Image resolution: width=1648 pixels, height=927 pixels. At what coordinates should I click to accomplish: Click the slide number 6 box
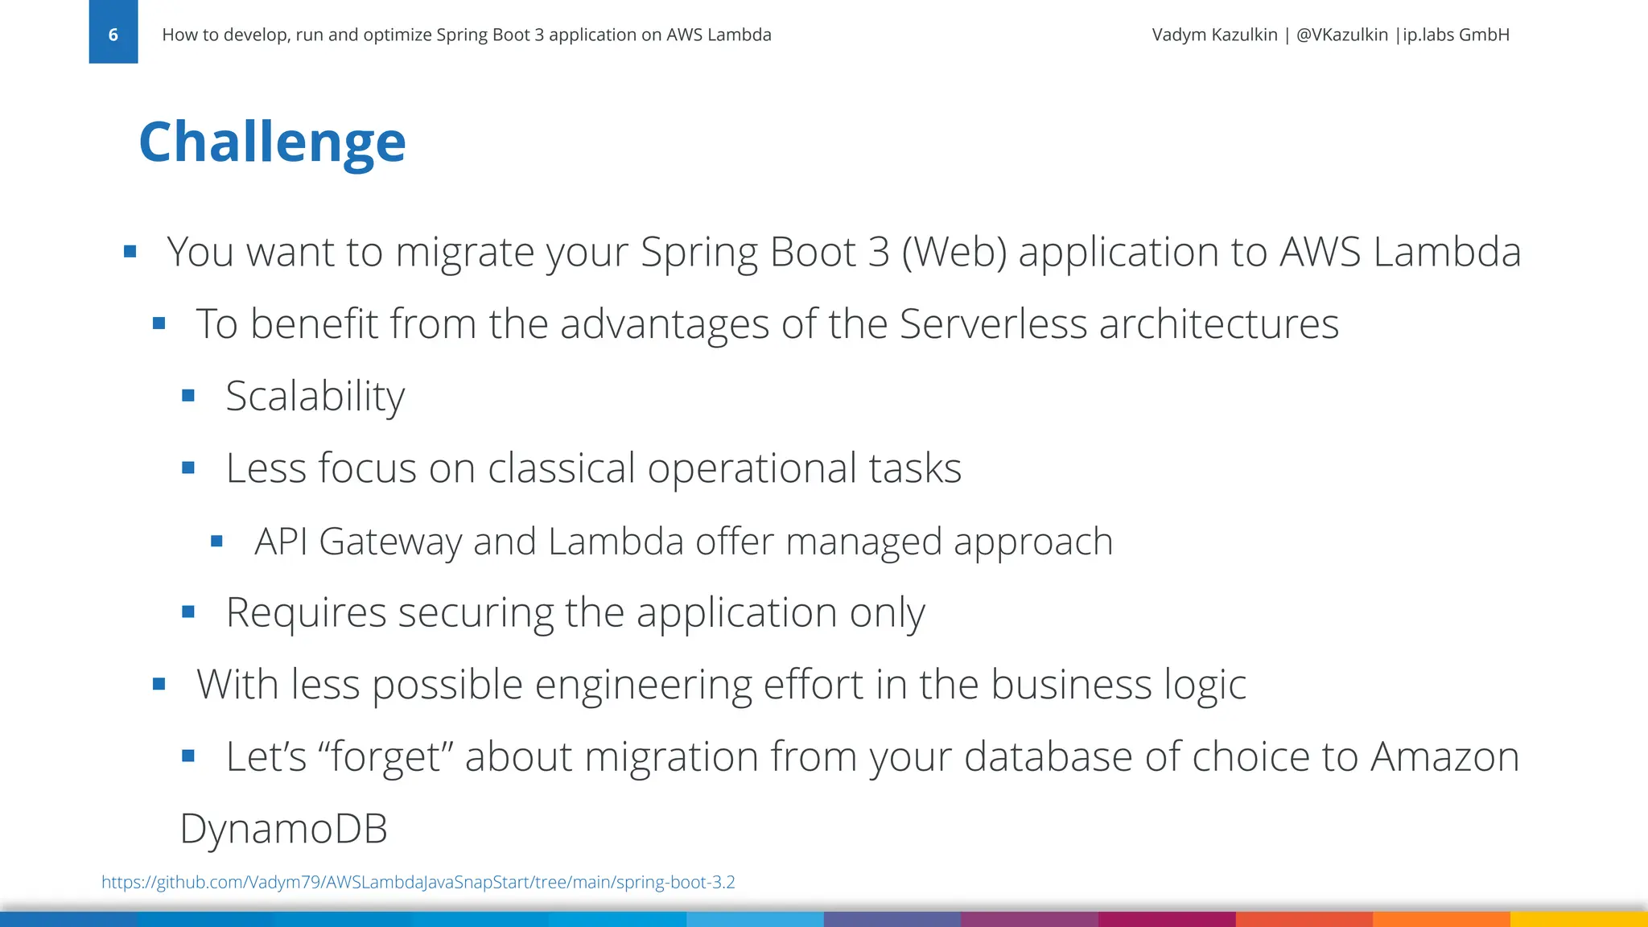(113, 34)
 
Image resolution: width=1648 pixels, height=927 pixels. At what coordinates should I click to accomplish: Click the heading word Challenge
(272, 142)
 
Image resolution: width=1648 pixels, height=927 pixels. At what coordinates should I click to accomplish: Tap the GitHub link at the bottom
(418, 882)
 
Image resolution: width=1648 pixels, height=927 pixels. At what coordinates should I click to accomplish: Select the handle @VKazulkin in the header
(1341, 35)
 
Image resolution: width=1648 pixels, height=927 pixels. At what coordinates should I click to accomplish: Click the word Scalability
(315, 396)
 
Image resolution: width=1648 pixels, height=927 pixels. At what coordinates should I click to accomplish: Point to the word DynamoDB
(283, 828)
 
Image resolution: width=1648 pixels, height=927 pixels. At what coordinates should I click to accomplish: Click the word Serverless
(992, 324)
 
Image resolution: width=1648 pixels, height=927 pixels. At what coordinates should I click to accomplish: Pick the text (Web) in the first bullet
(954, 252)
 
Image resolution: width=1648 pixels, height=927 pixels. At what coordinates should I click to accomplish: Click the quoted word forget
(380, 756)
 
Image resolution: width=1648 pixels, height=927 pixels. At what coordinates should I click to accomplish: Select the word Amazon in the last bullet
(1444, 756)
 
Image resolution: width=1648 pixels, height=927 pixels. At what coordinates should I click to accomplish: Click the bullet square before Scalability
(188, 395)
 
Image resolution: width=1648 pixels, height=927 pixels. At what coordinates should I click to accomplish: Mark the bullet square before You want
(130, 252)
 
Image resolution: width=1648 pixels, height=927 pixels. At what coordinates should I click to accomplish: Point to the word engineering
(642, 685)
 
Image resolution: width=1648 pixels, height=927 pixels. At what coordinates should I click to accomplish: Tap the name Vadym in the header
(1178, 35)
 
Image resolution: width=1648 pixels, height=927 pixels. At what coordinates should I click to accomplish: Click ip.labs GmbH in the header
(1456, 35)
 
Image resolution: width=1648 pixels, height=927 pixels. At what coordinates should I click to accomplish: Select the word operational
(752, 468)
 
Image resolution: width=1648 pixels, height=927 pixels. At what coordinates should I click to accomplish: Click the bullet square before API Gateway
(216, 542)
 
